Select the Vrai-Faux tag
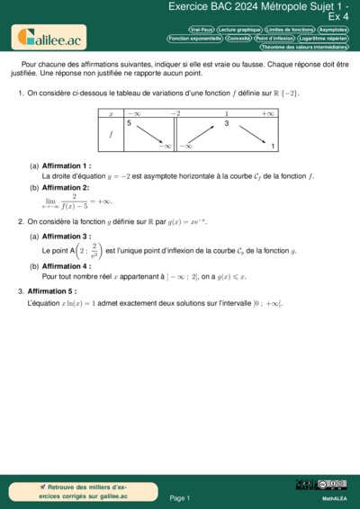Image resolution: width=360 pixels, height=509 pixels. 202,30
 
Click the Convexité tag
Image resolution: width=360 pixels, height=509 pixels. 238,39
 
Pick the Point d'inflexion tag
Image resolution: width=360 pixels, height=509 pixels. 274,39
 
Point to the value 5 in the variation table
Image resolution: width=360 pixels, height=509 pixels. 130,123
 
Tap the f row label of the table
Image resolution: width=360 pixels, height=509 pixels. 111,134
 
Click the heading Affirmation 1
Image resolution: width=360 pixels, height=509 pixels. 67,166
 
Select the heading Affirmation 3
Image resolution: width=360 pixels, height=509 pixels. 67,237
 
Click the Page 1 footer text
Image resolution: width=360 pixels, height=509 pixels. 179,497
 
